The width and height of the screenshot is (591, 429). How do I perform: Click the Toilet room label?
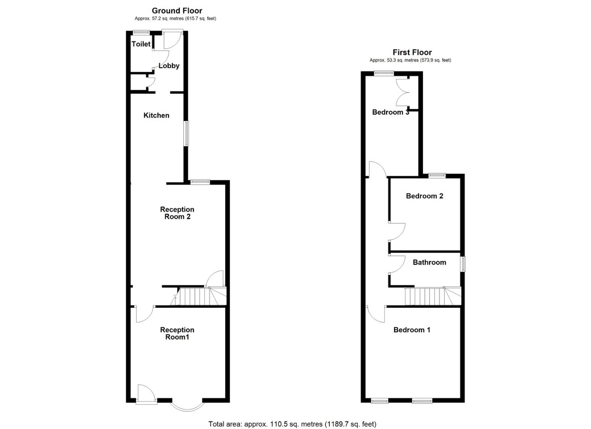tap(141, 44)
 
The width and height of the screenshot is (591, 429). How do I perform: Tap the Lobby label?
tap(169, 66)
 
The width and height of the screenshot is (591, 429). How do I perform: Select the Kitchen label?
tap(156, 116)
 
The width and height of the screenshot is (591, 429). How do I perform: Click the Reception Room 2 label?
tap(177, 213)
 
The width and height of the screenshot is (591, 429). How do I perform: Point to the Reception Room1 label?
tap(177, 333)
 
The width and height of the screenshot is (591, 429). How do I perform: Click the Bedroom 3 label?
tap(390, 112)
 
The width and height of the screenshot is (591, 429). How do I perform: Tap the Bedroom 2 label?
tap(424, 196)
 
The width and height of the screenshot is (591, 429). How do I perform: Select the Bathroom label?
tap(429, 262)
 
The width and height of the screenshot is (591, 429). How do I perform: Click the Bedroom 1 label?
tap(412, 330)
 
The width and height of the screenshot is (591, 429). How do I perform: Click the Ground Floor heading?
tap(177, 11)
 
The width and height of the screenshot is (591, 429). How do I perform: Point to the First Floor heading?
tap(412, 52)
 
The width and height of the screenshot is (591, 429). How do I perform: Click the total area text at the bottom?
tap(292, 424)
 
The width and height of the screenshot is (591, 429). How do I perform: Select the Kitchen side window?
tap(186, 133)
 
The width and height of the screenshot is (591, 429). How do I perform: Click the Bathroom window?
tap(463, 264)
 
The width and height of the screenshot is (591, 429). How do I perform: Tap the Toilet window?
tap(141, 33)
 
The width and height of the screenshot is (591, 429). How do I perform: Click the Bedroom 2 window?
tap(437, 175)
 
